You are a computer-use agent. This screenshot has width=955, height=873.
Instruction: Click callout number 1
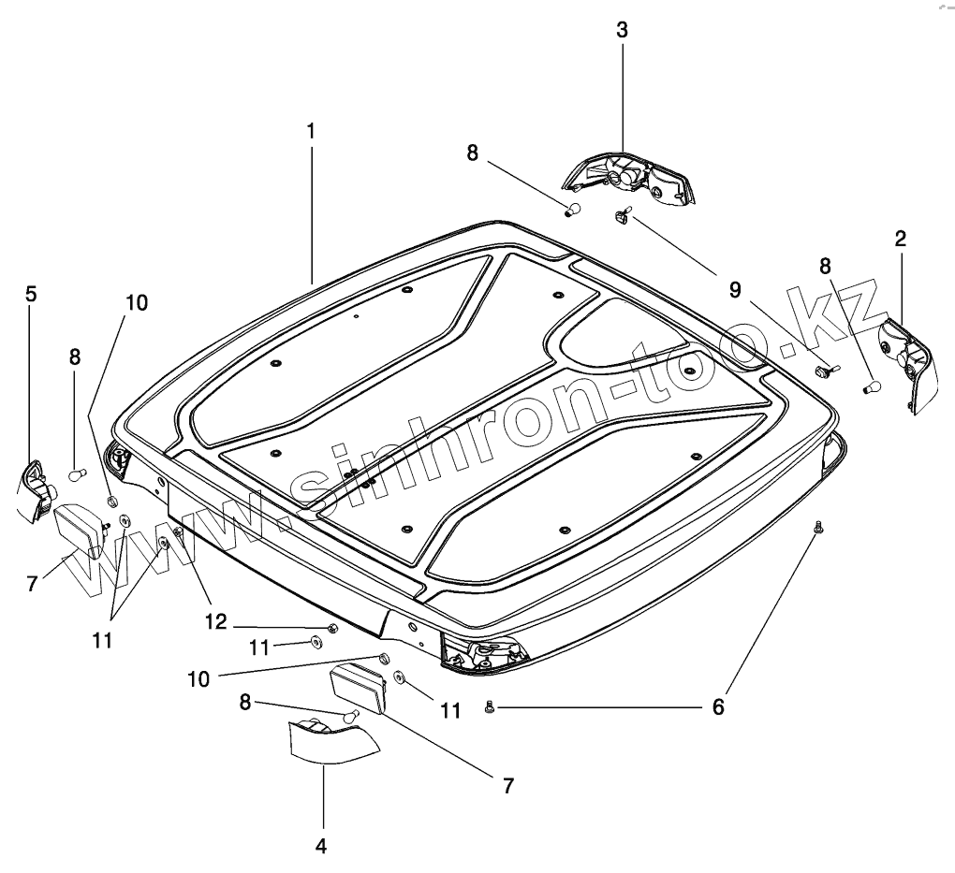(310, 132)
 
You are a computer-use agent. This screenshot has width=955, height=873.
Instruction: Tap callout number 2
(900, 239)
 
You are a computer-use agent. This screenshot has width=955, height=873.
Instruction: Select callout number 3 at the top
(623, 29)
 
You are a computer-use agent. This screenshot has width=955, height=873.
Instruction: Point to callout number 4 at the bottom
(321, 846)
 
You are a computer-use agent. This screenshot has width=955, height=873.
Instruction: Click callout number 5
(31, 294)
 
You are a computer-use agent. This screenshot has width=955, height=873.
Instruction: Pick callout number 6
(718, 707)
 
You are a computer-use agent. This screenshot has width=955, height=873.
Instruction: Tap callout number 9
(735, 290)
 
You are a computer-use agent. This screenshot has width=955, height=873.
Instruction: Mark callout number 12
(216, 620)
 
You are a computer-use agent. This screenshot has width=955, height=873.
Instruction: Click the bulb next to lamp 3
(576, 210)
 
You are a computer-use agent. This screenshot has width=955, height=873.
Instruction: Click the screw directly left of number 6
(489, 708)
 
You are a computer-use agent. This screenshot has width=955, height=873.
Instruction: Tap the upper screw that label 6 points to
(819, 529)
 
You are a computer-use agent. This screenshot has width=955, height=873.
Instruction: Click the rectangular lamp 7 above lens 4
(362, 688)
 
